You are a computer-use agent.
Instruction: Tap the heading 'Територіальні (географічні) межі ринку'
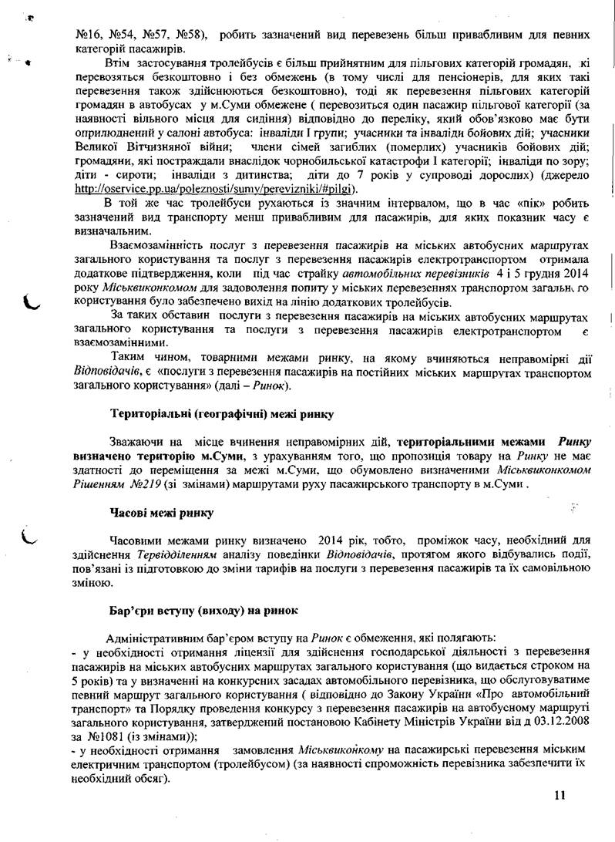click(222, 414)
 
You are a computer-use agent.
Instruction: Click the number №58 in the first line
click(187, 35)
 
